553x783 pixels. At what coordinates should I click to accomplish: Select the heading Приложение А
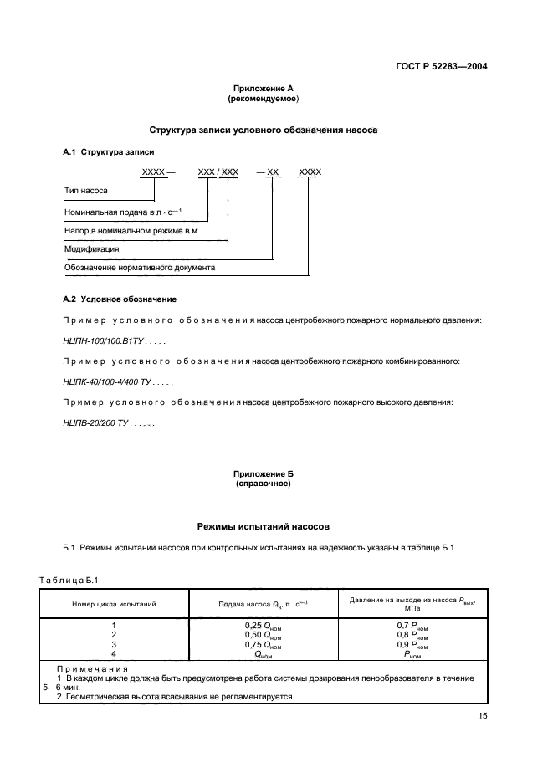(x=263, y=89)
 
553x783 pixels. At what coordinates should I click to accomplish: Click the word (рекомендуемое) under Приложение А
(x=263, y=99)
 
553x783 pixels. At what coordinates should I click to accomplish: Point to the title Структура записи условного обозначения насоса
(x=263, y=130)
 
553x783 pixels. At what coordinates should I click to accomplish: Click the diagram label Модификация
(x=91, y=248)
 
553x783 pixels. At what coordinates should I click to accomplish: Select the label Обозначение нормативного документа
(x=140, y=268)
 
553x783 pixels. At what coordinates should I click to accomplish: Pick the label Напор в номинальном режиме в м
(x=131, y=229)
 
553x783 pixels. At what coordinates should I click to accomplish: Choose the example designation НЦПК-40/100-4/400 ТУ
(x=111, y=381)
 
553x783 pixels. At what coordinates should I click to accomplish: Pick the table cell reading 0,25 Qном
(x=263, y=625)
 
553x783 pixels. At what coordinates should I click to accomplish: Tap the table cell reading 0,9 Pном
(x=412, y=646)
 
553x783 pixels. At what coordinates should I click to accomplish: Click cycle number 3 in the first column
(x=115, y=646)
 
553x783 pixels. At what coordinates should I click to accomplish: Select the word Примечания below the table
(x=92, y=668)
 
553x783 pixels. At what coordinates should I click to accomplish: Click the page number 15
(x=483, y=716)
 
